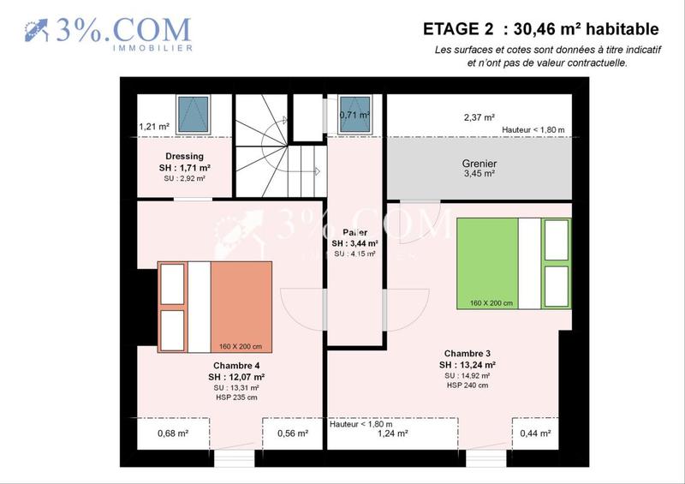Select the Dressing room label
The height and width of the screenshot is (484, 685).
tap(185, 156)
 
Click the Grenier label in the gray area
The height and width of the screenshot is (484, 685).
tap(479, 164)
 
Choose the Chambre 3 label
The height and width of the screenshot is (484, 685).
tap(467, 353)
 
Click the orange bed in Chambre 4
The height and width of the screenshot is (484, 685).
tap(241, 306)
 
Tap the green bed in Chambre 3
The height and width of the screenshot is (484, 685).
tap(487, 262)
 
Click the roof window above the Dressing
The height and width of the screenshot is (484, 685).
tap(193, 113)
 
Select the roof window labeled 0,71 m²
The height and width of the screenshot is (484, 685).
tap(354, 115)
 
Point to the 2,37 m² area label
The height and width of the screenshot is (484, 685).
tap(479, 117)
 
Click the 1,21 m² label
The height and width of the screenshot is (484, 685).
tap(154, 127)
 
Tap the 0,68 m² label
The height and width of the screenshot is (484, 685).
tap(173, 433)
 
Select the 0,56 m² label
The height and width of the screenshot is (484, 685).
tap(293, 433)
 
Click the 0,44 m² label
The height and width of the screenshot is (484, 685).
tap(536, 433)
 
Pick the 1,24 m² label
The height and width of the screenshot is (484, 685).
tap(393, 433)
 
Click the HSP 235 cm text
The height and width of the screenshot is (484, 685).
tap(235, 397)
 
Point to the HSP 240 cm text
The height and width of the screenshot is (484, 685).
tap(467, 385)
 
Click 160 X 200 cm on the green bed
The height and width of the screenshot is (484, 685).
tap(485, 302)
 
